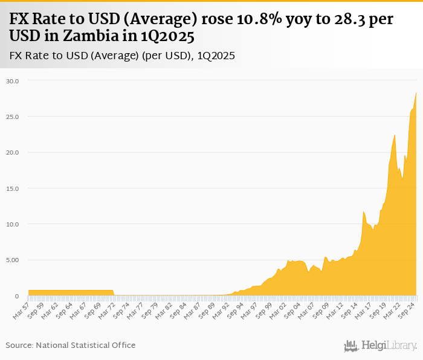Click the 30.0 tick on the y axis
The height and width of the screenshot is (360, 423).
pos(13,81)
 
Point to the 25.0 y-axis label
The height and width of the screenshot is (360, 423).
pos(13,117)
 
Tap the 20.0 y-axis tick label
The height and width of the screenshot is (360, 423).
pos(13,152)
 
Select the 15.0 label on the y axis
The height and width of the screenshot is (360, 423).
pos(13,188)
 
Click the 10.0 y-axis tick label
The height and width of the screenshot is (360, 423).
pos(13,224)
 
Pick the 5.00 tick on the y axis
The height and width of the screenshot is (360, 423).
pos(13,260)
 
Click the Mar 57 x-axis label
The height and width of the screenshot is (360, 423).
pos(21,309)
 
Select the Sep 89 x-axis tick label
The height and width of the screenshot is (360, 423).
pos(207,309)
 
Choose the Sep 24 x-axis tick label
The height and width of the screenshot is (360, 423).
pos(407,309)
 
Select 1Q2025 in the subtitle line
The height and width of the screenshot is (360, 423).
pos(214,56)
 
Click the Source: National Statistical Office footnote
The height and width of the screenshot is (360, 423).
pos(71,345)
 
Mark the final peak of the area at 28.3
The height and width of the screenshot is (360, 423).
pos(416,92)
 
